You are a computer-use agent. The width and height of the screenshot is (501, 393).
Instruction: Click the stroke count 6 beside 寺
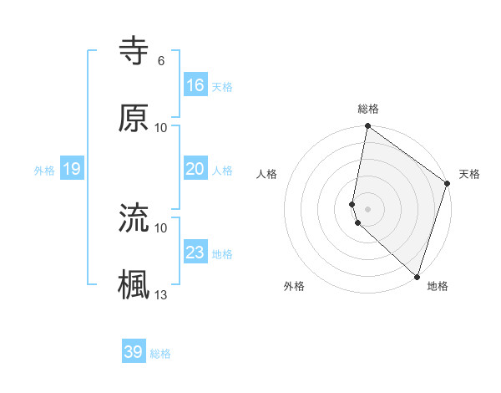[x=160, y=60]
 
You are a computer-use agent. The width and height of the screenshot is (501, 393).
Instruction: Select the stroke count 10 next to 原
[x=161, y=127]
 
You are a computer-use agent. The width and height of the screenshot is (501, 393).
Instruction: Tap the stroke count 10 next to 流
[x=161, y=227]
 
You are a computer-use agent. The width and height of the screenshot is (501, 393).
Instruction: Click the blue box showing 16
[x=195, y=85]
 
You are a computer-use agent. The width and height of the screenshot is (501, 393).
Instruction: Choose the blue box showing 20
[x=195, y=169]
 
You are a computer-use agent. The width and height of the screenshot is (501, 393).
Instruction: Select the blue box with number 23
[x=195, y=253]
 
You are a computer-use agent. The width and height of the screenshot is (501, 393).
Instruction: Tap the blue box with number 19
[x=71, y=169]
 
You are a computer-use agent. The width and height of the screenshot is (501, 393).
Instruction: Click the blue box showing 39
[x=134, y=352]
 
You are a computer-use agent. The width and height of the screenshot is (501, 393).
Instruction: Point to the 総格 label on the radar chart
[x=368, y=109]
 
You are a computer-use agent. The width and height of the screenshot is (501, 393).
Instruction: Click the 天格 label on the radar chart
[x=469, y=174]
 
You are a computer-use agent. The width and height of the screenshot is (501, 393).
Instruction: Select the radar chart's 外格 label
[x=294, y=286]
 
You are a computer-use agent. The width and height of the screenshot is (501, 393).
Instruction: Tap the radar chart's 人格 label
[x=267, y=174]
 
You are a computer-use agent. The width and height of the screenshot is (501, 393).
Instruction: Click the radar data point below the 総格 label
[x=367, y=127]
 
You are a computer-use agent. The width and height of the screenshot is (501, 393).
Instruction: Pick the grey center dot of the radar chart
[x=367, y=208]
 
